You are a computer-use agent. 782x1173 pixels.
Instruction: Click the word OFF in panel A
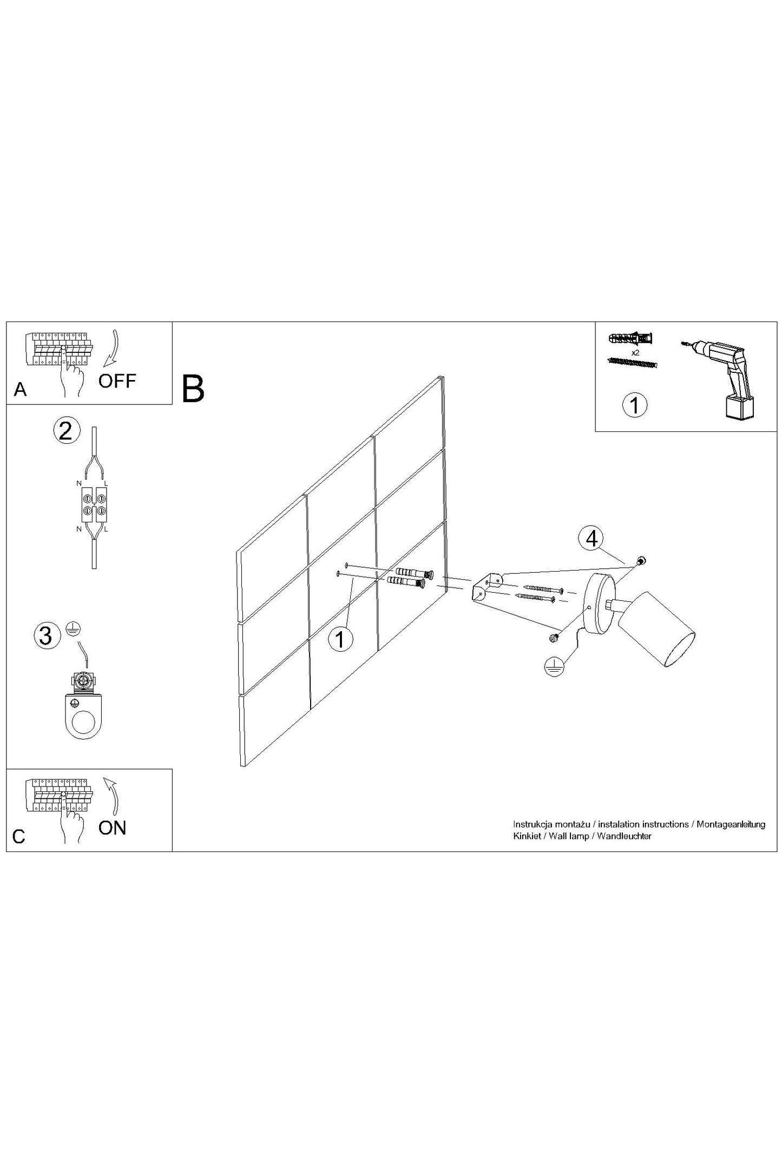pyautogui.click(x=117, y=381)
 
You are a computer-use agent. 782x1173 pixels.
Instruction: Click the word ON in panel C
pyautogui.click(x=113, y=828)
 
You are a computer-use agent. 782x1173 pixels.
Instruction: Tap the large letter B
pyautogui.click(x=193, y=388)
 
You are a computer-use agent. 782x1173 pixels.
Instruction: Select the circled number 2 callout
pyautogui.click(x=67, y=431)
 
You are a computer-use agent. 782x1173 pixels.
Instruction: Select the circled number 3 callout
pyautogui.click(x=47, y=635)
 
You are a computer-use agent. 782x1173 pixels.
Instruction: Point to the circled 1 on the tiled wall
pyautogui.click(x=340, y=639)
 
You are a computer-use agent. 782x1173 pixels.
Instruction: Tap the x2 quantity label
pyautogui.click(x=635, y=352)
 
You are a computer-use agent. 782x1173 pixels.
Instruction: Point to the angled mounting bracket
pyautogui.click(x=485, y=586)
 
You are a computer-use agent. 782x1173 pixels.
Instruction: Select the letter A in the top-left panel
pyautogui.click(x=21, y=389)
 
